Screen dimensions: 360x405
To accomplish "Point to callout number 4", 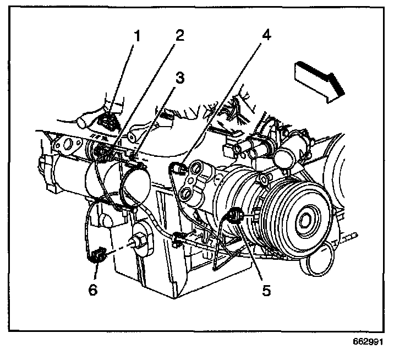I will pos(266,36).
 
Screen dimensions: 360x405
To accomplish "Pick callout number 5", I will pos(266,290).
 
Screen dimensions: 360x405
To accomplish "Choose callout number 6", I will pos(92,290).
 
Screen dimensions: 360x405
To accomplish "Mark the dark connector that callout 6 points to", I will pos(98,255).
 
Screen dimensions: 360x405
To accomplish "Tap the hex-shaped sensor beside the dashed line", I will pos(139,241).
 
